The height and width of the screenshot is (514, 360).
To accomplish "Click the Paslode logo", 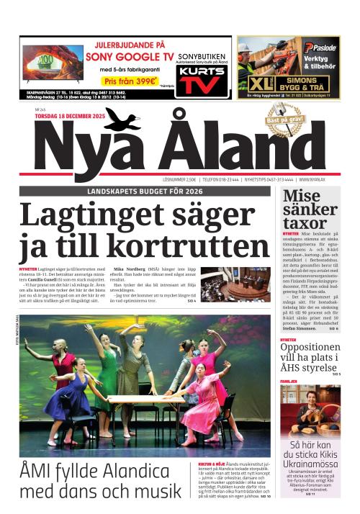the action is pyautogui.click(x=320, y=48).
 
